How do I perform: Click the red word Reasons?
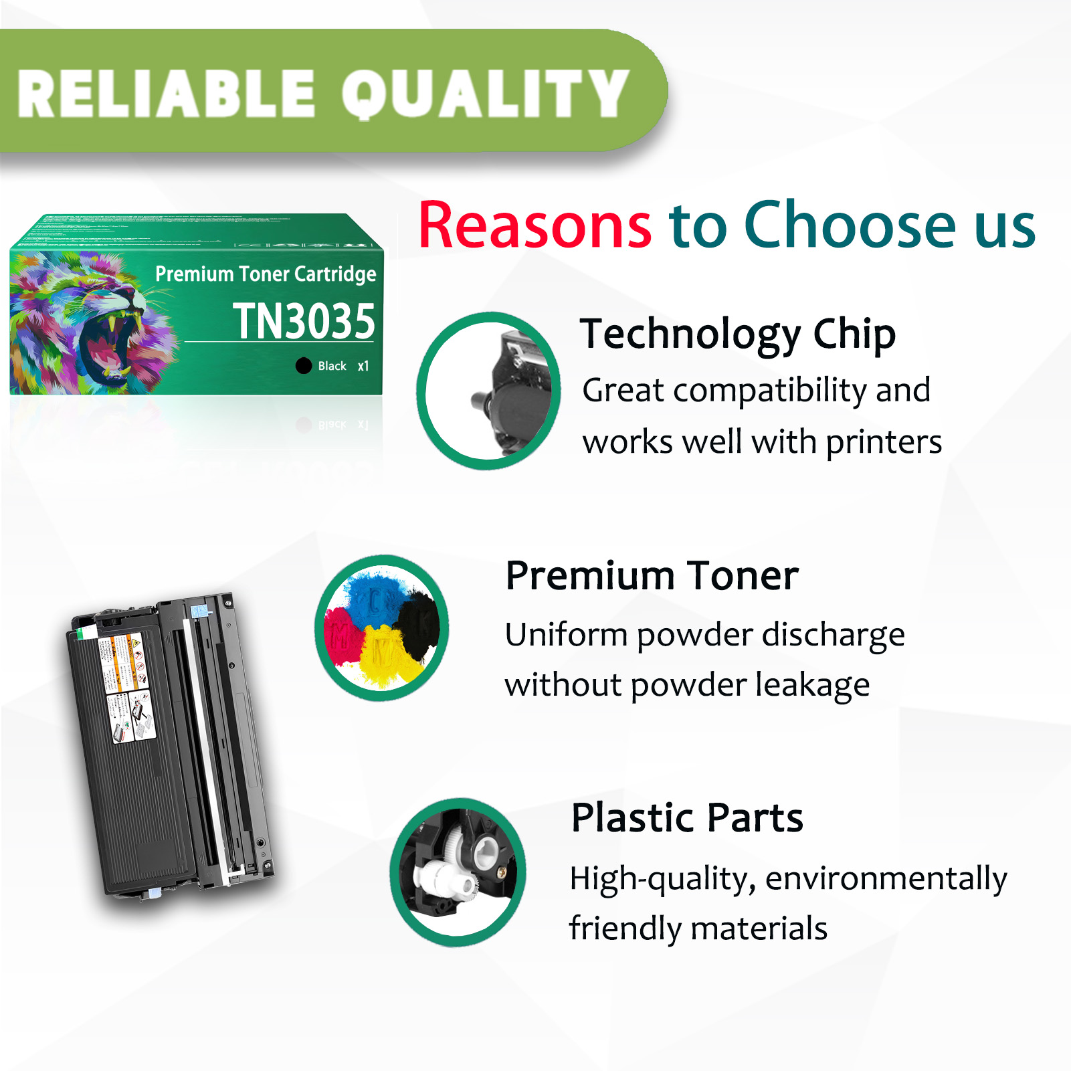(534, 226)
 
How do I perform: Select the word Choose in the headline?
(852, 226)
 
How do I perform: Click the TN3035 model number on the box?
(304, 322)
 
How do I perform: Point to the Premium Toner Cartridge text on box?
(266, 274)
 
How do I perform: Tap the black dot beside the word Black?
(304, 365)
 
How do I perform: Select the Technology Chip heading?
(737, 334)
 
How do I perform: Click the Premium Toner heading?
(652, 575)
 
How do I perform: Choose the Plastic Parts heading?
(687, 817)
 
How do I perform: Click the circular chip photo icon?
(488, 391)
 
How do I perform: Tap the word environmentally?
(886, 879)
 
